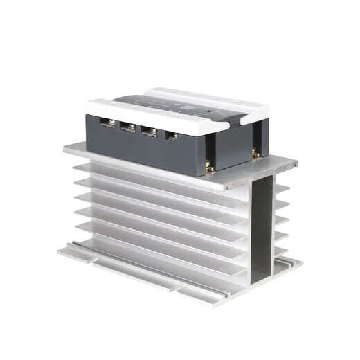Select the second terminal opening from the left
[x=128, y=127]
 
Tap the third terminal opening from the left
[x=148, y=132]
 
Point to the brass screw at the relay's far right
[x=256, y=150]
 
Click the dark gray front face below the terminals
[x=138, y=149]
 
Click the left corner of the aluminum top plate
[x=64, y=147]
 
